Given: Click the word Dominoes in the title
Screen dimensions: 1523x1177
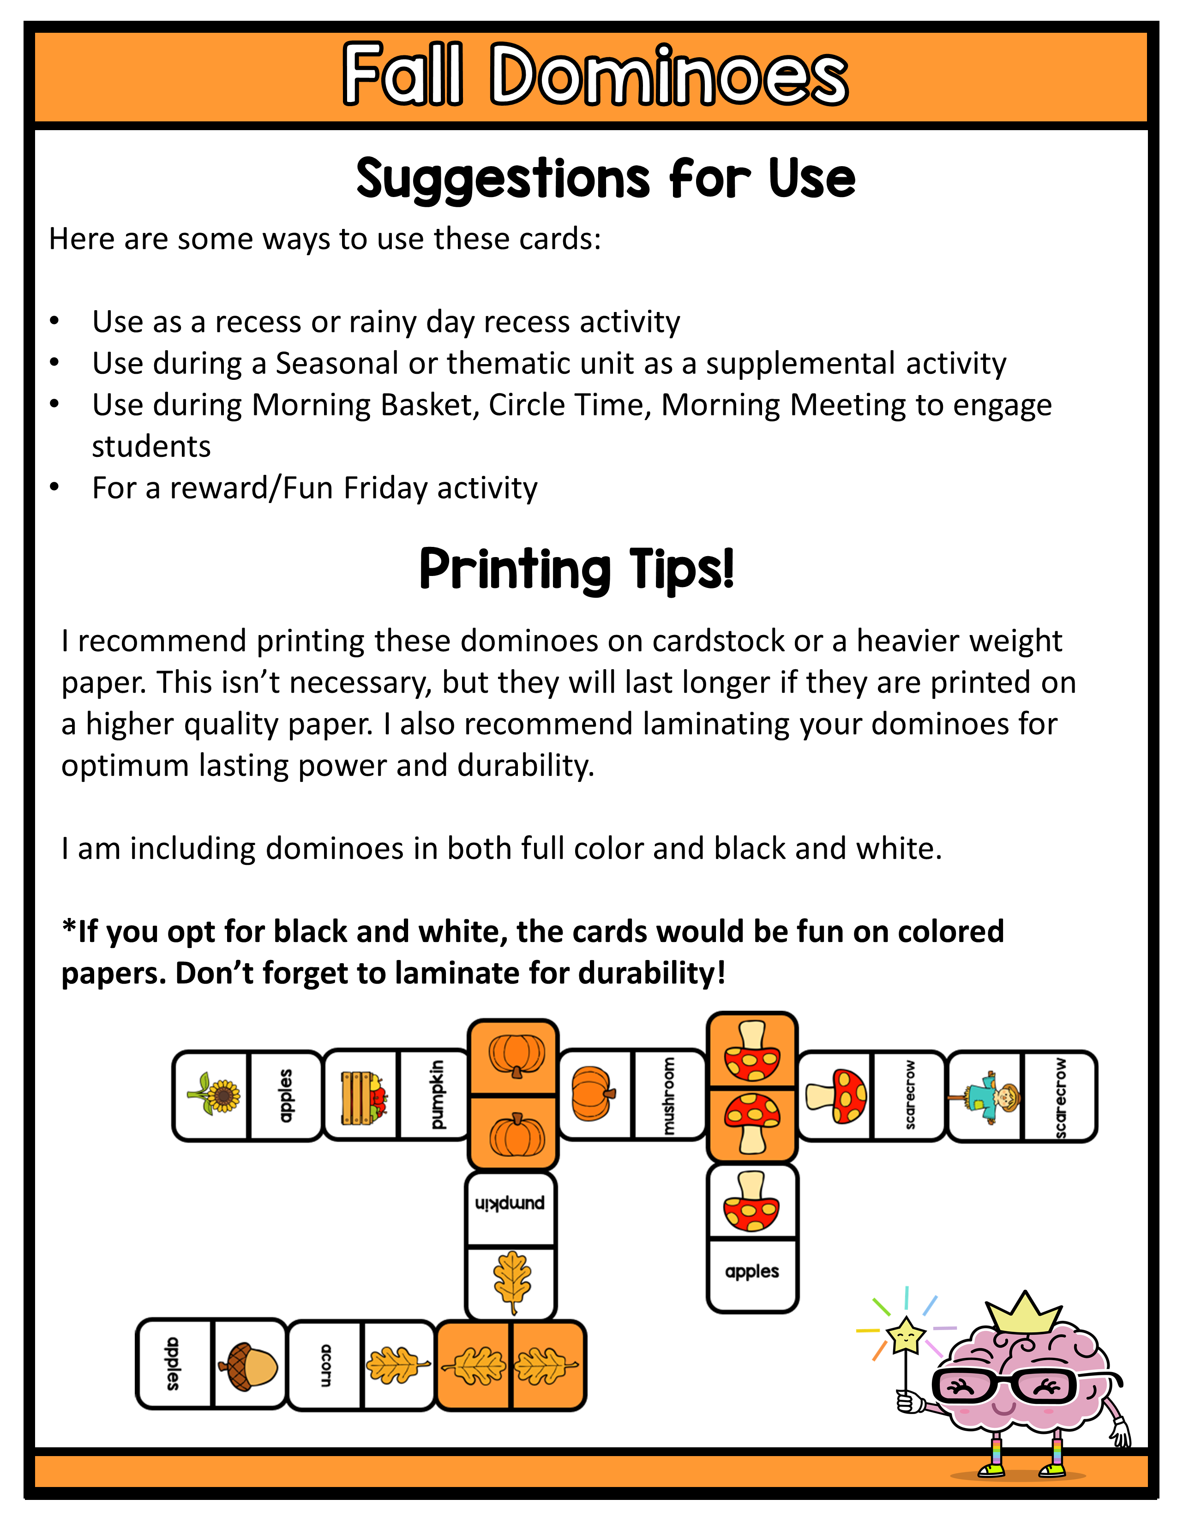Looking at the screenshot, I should [x=668, y=75].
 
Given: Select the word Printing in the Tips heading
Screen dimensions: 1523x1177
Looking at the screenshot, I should [x=515, y=569].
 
